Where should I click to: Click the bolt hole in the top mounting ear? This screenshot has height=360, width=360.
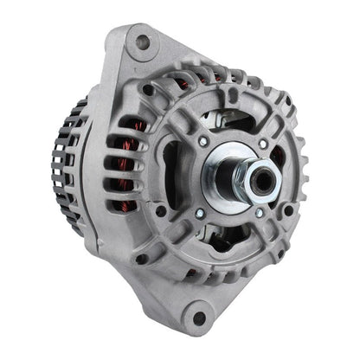(x=143, y=42)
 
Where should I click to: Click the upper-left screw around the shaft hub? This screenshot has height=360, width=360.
(x=202, y=141)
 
